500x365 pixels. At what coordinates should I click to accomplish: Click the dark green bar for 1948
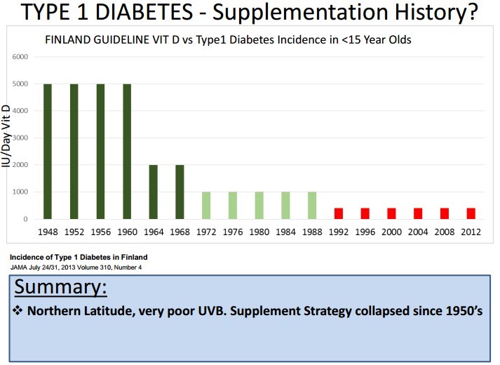pos(48,151)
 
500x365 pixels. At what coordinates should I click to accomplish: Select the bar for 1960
pos(127,151)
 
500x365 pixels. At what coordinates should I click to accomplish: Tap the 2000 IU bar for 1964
pos(154,192)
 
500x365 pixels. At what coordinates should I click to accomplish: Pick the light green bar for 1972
pos(206,205)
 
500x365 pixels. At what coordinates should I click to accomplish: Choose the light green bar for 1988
pos(312,205)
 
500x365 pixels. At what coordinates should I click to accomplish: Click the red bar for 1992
pos(339,213)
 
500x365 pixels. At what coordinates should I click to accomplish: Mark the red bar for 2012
pos(471,213)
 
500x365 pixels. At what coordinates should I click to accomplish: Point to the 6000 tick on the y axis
pos(20,56)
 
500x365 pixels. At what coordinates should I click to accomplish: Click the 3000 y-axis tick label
pos(20,138)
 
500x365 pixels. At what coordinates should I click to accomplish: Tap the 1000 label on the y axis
pos(20,192)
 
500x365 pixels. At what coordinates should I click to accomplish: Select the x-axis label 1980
pos(259,232)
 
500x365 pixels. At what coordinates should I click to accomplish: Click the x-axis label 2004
pos(417,232)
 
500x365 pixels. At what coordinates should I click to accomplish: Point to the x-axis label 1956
pos(100,232)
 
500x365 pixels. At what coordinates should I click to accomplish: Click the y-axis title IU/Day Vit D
pos(6,138)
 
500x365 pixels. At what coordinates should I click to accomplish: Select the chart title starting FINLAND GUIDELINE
pos(229,39)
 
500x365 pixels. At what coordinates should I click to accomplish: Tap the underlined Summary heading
pos(60,287)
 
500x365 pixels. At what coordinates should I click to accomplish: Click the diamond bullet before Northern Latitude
pos(18,310)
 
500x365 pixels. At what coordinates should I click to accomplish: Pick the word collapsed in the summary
pos(372,310)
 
